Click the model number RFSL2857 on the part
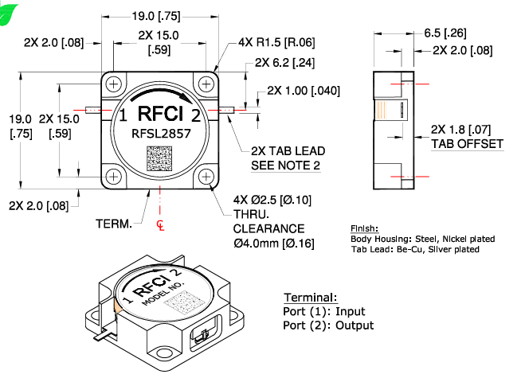(x=160, y=134)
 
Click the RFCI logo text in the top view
(x=160, y=112)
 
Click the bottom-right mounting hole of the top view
(x=206, y=176)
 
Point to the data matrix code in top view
(x=160, y=158)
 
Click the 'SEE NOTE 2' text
(x=286, y=165)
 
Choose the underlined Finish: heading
(x=365, y=228)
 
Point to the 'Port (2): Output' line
(x=328, y=325)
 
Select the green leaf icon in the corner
(x=8, y=9)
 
